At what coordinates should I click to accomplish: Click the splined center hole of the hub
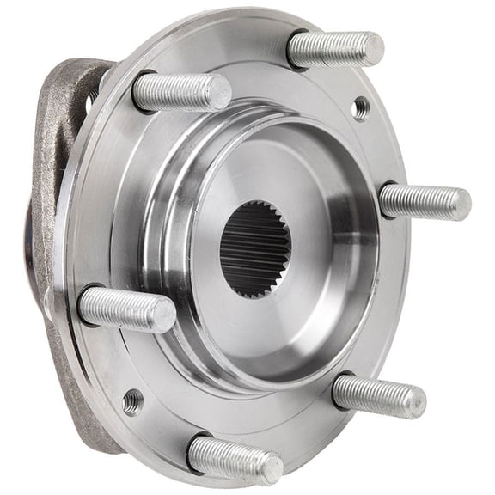pyautogui.click(x=255, y=248)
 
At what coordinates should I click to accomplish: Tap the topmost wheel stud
pyautogui.click(x=335, y=49)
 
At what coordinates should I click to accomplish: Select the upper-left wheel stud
pyautogui.click(x=181, y=91)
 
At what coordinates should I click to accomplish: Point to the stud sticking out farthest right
pyautogui.click(x=425, y=203)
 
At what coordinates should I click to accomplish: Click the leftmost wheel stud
pyautogui.click(x=126, y=309)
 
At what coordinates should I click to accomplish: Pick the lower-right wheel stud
pyautogui.click(x=379, y=394)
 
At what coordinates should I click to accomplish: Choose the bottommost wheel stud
pyautogui.click(x=234, y=456)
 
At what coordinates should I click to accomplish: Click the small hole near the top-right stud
pyautogui.click(x=361, y=107)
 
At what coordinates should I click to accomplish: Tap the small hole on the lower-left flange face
pyautogui.click(x=132, y=400)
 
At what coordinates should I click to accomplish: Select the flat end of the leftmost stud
pyautogui.click(x=163, y=316)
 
